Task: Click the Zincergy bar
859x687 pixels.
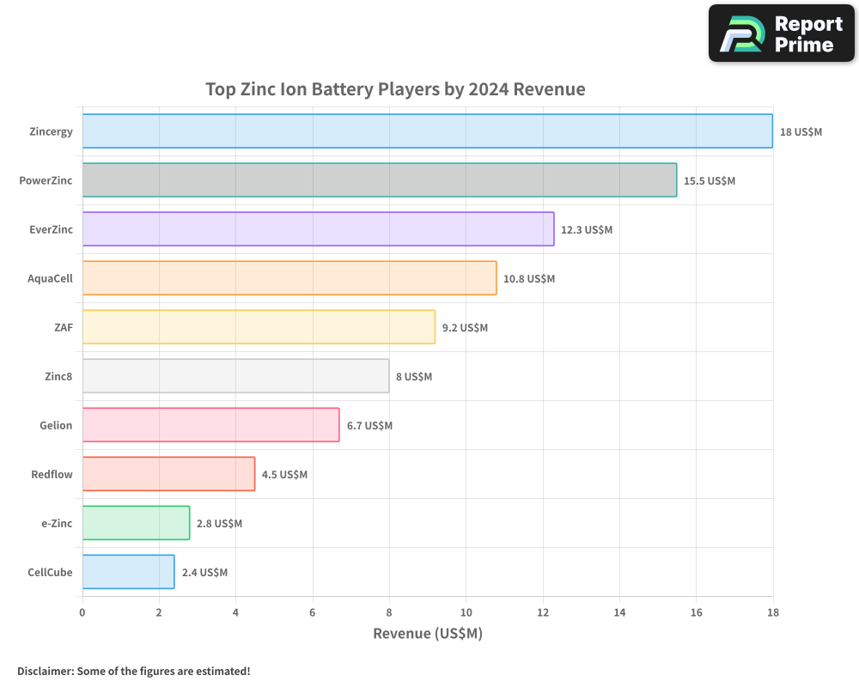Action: tap(427, 131)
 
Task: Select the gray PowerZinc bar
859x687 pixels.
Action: tap(379, 180)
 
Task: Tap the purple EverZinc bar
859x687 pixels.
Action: tap(318, 229)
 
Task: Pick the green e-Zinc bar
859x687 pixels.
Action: tap(136, 523)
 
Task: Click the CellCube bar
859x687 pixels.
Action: tap(128, 572)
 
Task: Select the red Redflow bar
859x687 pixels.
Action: tap(168, 474)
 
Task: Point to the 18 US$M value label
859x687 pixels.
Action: tap(801, 132)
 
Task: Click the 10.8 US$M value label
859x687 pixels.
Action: tap(529, 279)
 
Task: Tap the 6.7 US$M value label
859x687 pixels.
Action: tap(369, 426)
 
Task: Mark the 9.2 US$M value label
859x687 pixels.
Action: tap(465, 328)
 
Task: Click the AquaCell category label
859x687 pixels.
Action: tap(50, 278)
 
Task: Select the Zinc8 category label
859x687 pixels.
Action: tap(58, 376)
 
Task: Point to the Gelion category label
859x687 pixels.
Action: tap(56, 425)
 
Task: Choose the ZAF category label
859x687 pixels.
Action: tap(63, 327)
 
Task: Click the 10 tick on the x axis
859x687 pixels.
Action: tap(466, 612)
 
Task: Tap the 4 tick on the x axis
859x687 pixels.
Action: tap(235, 612)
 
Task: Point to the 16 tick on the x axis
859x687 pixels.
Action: tap(696, 612)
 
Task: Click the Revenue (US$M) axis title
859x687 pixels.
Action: tap(427, 634)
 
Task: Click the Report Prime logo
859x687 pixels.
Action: tap(781, 33)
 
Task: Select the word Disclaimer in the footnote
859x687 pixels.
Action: tap(44, 671)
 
